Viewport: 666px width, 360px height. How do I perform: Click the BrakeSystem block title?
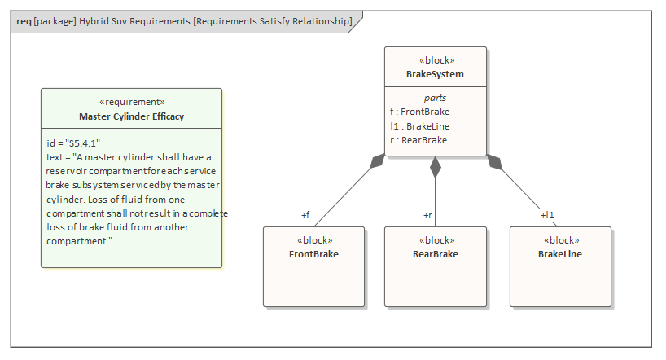435,74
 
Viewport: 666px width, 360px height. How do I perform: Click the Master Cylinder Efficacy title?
131,116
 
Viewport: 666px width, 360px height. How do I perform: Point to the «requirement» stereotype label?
131,102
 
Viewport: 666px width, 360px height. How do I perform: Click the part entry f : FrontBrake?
419,112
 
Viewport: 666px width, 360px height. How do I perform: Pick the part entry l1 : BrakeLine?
420,126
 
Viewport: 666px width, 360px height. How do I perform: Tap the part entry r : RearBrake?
418,140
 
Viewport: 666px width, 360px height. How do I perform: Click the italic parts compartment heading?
436,98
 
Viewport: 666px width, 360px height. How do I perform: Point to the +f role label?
305,215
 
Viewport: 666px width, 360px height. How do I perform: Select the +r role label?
427,215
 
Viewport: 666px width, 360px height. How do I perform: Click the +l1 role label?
547,215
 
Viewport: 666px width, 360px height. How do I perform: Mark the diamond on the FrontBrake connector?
376,161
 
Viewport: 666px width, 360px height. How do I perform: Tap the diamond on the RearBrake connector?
436,167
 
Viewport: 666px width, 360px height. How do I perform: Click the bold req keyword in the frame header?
24,20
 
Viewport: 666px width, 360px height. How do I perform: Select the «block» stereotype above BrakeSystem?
436,60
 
